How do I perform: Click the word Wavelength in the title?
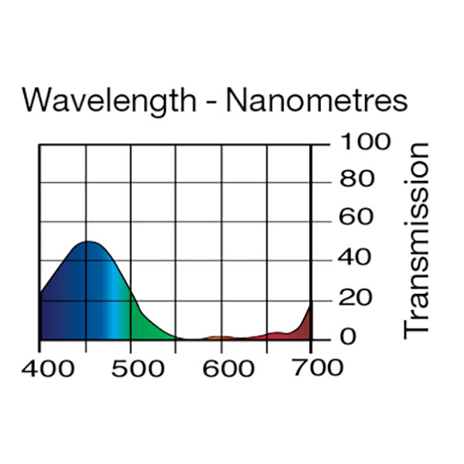(x=108, y=101)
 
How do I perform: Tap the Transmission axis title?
(x=417, y=239)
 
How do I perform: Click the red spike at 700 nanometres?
(x=307, y=323)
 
